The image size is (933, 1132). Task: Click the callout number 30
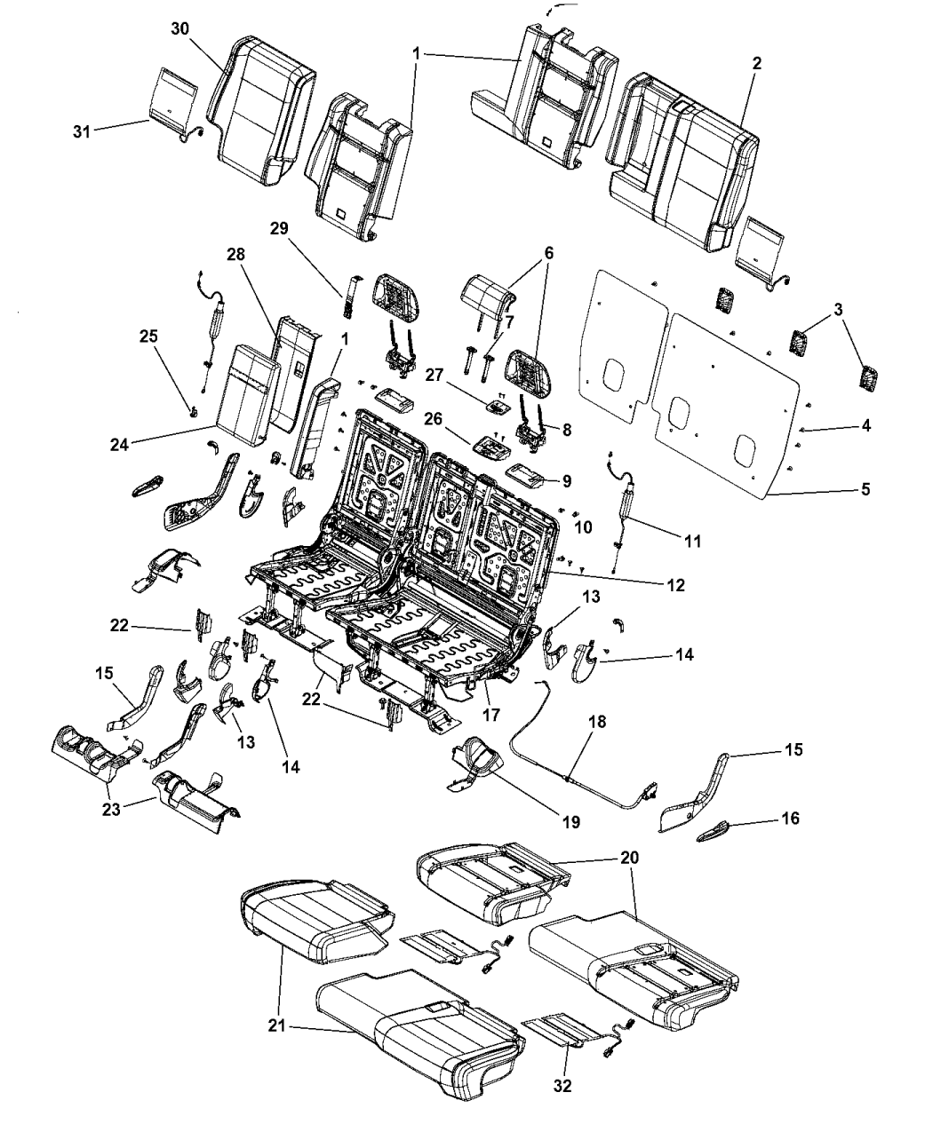(x=180, y=28)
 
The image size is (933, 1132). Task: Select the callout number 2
(x=756, y=64)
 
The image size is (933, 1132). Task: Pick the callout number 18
(x=598, y=722)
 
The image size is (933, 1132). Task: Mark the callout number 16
(x=790, y=818)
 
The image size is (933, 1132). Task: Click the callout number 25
(x=148, y=336)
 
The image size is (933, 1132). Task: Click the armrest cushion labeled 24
(x=238, y=395)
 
